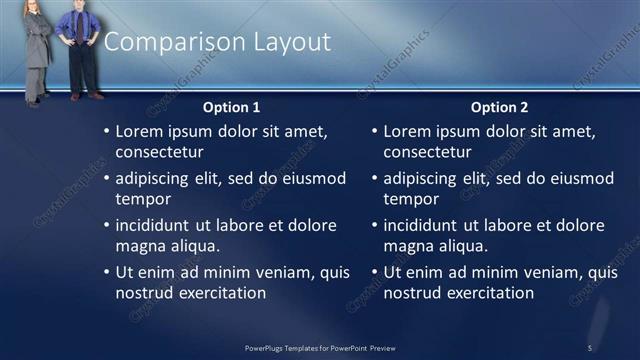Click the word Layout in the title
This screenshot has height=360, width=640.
point(291,42)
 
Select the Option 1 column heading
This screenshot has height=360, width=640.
point(231,107)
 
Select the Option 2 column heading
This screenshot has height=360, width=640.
point(499,107)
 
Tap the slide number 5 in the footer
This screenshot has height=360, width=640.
point(590,347)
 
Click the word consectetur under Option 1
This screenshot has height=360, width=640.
point(160,153)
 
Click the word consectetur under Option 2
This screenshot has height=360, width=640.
point(428,153)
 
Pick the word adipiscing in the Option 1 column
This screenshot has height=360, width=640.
point(156,179)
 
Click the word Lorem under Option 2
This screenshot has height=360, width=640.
point(408,131)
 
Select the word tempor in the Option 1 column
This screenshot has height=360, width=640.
point(143,199)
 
